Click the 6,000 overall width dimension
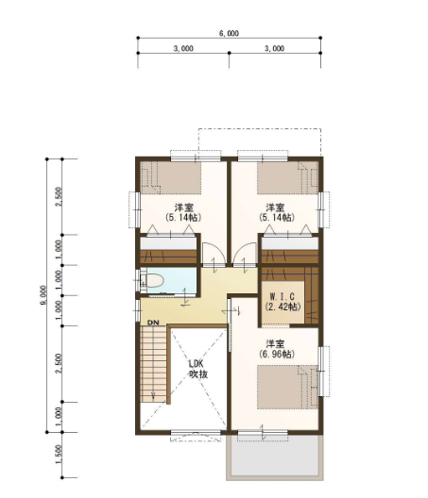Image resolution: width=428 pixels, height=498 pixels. coord(229,33)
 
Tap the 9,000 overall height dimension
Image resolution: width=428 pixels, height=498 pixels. coord(43,295)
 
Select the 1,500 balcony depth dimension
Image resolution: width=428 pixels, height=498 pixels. coord(59,455)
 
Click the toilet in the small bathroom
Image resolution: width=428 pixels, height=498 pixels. coord(154,281)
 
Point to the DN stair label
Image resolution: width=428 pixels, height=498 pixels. coord(153,323)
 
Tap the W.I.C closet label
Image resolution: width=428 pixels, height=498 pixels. coord(282,297)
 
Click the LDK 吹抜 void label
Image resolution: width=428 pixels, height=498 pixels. coord(198,369)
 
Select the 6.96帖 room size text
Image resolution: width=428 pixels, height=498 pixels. coord(276,354)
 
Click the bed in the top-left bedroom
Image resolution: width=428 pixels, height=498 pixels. coord(171,178)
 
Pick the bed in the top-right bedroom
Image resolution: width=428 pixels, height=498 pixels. coord(287,178)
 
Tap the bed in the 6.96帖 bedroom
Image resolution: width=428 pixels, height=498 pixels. coord(287,387)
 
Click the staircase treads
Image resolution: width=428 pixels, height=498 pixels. coord(154,365)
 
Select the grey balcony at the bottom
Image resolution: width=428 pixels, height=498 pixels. coord(275,456)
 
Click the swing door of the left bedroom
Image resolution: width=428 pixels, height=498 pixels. coord(214,253)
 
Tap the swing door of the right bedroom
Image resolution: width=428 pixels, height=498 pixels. coord(245,253)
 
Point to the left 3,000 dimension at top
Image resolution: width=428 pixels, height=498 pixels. coord(183,49)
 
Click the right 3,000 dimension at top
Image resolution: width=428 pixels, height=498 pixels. coord(275,49)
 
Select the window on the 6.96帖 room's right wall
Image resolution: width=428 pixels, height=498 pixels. coord(323,371)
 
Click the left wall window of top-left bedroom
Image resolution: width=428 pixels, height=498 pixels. coord(135,209)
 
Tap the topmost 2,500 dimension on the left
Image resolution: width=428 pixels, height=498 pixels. coord(59,196)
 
